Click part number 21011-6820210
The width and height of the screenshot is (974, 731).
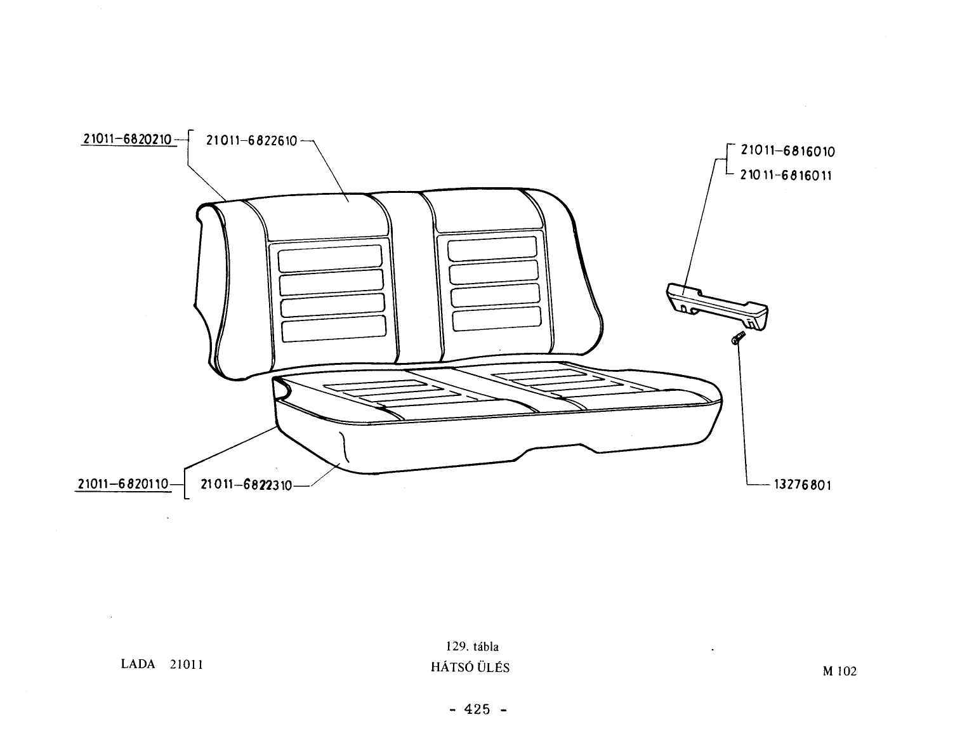click(128, 139)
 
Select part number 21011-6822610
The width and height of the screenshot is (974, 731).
click(252, 141)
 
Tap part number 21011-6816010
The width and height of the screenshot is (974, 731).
click(787, 151)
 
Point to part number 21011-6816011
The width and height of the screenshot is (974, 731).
click(786, 175)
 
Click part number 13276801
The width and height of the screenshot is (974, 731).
click(803, 485)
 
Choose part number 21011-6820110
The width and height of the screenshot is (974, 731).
click(123, 484)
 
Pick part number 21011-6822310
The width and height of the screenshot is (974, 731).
click(246, 485)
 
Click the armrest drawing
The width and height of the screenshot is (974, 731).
click(717, 306)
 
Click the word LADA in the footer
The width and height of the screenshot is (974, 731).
click(138, 664)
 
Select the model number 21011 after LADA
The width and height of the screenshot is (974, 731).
click(187, 664)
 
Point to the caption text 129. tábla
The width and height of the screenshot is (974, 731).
click(472, 647)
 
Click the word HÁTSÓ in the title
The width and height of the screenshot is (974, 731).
click(451, 667)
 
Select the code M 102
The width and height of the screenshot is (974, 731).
click(839, 671)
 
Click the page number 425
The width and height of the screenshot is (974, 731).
click(477, 709)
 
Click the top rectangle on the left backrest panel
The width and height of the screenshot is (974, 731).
click(330, 258)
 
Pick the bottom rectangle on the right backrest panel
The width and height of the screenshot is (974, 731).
click(497, 319)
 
